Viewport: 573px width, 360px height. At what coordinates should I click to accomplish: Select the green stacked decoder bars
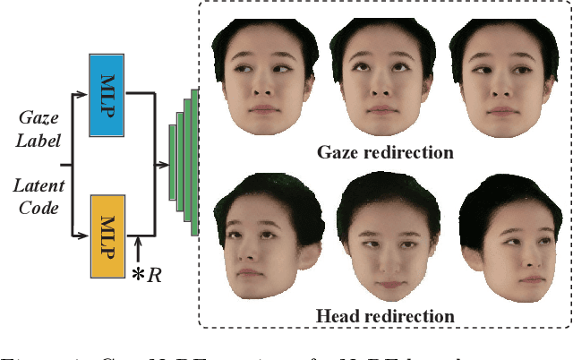184,161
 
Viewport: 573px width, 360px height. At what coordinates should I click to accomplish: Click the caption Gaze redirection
385,152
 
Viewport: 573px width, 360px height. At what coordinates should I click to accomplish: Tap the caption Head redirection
385,316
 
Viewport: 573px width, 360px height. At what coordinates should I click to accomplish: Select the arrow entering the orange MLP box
82,236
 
